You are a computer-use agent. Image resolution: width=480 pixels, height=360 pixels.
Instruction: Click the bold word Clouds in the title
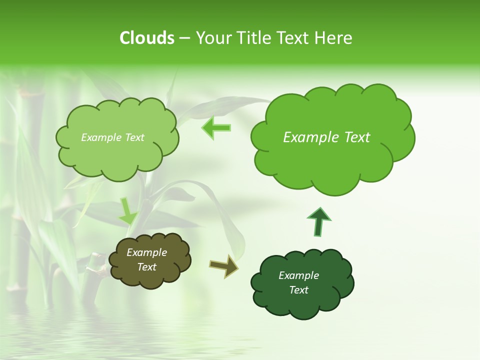pyautogui.click(x=146, y=38)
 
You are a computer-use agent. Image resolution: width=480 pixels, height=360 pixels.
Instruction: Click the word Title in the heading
pyautogui.click(x=254, y=38)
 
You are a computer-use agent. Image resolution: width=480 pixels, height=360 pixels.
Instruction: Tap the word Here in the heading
pyautogui.click(x=333, y=38)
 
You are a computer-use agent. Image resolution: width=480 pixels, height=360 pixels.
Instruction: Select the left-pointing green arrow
pyautogui.click(x=216, y=128)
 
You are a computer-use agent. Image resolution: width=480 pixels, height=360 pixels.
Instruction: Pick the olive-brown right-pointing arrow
pyautogui.click(x=224, y=265)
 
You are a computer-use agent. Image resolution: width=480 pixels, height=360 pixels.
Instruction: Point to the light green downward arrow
pyautogui.click(x=127, y=211)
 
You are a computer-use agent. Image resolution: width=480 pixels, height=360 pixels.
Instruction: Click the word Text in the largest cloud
pyautogui.click(x=357, y=137)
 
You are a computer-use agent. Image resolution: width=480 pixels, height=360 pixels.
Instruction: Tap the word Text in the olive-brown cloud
pyautogui.click(x=147, y=267)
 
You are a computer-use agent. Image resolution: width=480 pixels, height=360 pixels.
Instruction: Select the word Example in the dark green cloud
pyautogui.click(x=298, y=275)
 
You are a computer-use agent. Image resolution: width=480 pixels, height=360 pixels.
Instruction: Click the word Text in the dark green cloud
pyautogui.click(x=298, y=290)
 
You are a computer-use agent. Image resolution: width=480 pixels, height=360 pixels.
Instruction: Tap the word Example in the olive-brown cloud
pyautogui.click(x=147, y=252)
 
